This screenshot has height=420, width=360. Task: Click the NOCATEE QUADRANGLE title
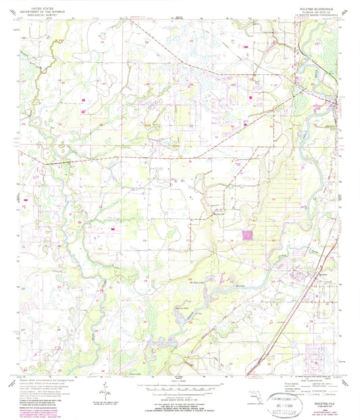(315, 6)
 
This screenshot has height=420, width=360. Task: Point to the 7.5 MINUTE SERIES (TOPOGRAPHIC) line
(315, 14)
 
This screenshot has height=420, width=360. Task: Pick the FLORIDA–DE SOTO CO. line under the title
(315, 10)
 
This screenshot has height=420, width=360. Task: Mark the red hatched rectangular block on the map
(248, 236)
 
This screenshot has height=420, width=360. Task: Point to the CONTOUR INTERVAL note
(180, 399)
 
